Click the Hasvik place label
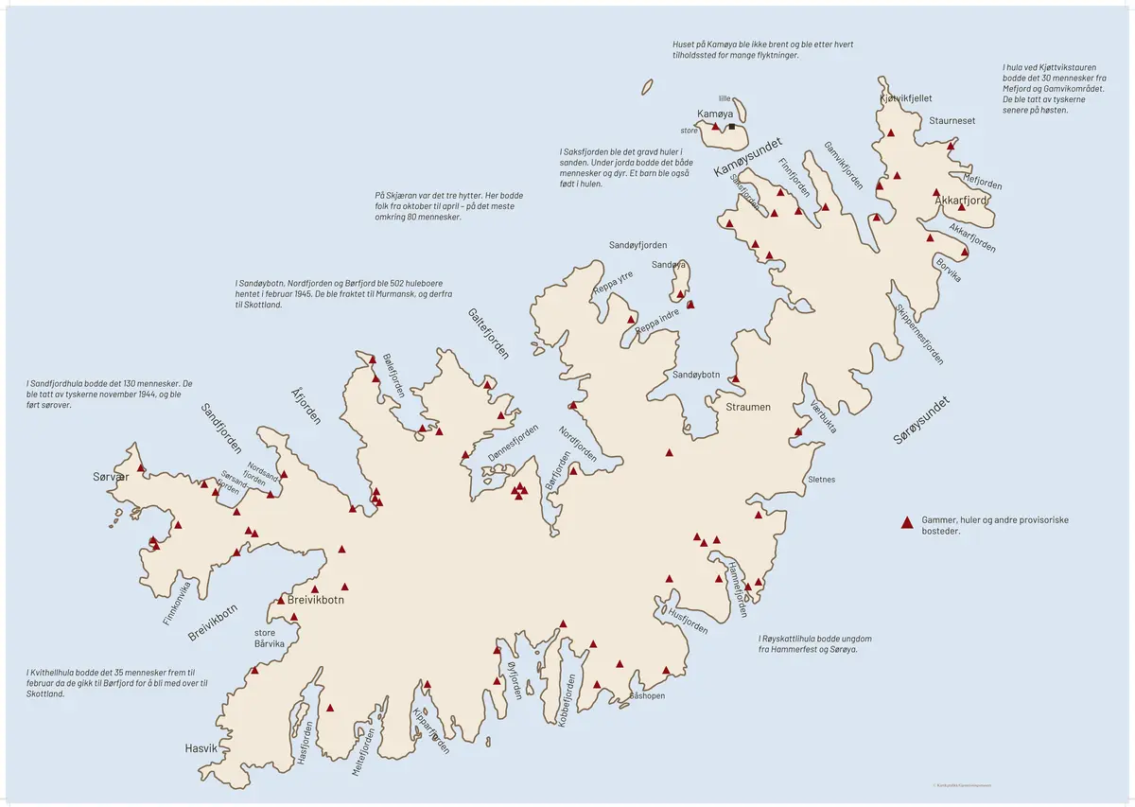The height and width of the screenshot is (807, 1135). tap(201, 748)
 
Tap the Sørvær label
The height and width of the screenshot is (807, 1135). tap(111, 476)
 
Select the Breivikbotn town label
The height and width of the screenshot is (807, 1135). tap(315, 600)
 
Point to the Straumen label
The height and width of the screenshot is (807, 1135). tap(747, 407)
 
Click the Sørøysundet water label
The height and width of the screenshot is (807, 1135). tap(921, 420)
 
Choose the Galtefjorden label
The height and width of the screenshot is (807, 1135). tap(488, 333)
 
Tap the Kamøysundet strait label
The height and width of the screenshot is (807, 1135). tap(747, 157)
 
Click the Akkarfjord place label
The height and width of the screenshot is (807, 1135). tap(961, 201)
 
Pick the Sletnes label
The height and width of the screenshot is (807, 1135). tap(822, 480)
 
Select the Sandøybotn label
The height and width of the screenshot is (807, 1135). tap(696, 375)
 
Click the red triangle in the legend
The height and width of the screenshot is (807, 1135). tap(906, 521)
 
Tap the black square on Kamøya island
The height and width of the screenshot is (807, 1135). tap(731, 126)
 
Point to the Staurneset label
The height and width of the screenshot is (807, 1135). tap(952, 121)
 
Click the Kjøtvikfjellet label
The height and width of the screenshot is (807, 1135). tap(906, 98)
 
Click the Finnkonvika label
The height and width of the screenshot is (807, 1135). tap(177, 603)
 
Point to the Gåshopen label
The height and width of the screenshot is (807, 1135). tap(647, 695)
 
